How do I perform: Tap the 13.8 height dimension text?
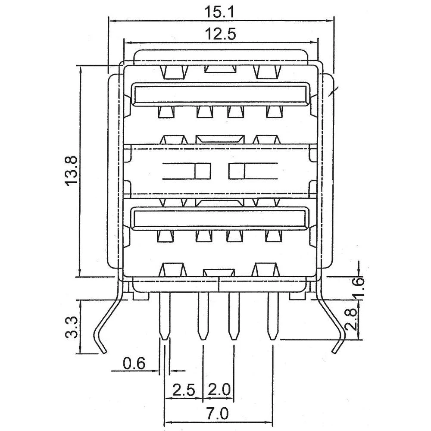pyautogui.click(x=72, y=171)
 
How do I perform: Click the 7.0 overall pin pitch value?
pyautogui.click(x=219, y=415)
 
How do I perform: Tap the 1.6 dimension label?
pyautogui.click(x=360, y=284)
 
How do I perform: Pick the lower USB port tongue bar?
pyautogui.click(x=221, y=219)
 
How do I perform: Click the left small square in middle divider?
pyautogui.click(x=202, y=171)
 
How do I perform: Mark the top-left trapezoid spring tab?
pyautogui.click(x=175, y=72)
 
